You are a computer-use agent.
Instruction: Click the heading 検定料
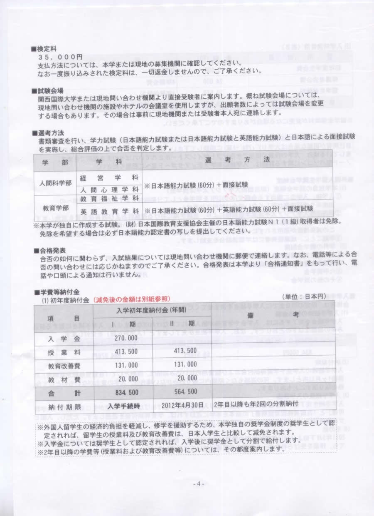click(48, 49)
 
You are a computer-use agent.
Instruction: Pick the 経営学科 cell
click(109, 177)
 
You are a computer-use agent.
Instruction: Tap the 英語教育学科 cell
click(109, 211)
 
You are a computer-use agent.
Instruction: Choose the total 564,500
click(185, 392)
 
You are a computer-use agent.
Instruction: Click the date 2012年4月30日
click(185, 406)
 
